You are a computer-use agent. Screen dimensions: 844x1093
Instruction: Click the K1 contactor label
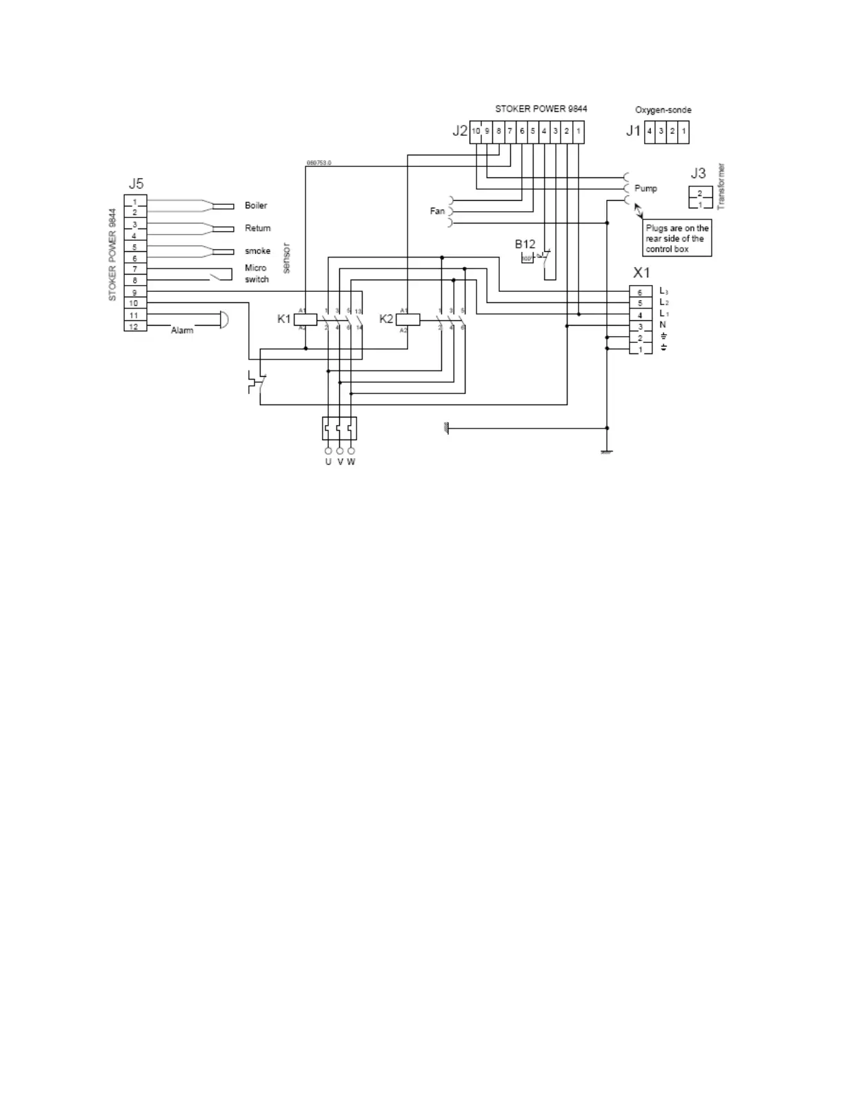click(x=283, y=319)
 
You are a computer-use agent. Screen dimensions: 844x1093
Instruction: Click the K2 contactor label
click(x=386, y=319)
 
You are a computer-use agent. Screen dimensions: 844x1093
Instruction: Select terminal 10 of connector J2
click(x=476, y=131)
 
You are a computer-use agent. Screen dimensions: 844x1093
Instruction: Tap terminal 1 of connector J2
click(x=578, y=131)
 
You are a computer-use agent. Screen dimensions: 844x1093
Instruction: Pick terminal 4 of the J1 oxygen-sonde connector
click(x=650, y=131)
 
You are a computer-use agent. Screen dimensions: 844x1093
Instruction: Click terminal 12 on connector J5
click(x=135, y=326)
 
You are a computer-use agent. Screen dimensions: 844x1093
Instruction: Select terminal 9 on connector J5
click(x=135, y=293)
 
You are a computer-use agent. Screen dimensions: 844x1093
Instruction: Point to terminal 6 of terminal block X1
click(x=640, y=293)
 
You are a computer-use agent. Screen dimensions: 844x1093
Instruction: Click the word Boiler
click(x=256, y=206)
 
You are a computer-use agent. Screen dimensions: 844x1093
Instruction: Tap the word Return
click(x=258, y=228)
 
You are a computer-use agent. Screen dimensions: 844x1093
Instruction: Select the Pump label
click(x=645, y=188)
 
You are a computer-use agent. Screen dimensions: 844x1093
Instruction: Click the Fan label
click(x=437, y=211)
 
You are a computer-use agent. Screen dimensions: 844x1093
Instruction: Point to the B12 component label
click(x=525, y=244)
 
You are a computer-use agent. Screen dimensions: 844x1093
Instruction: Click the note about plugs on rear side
click(x=676, y=238)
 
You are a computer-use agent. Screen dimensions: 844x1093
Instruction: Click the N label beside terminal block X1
click(x=663, y=324)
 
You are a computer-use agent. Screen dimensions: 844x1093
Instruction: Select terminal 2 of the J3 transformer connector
click(x=700, y=193)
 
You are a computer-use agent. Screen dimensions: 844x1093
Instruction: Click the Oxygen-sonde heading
click(x=663, y=110)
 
